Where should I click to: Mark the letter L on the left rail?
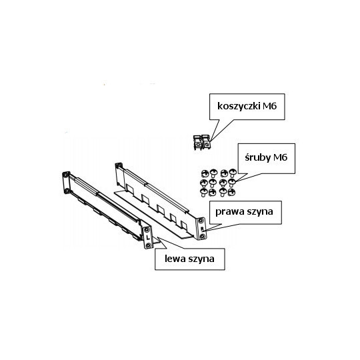[x=147, y=238]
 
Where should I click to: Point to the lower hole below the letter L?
[x=148, y=247]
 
